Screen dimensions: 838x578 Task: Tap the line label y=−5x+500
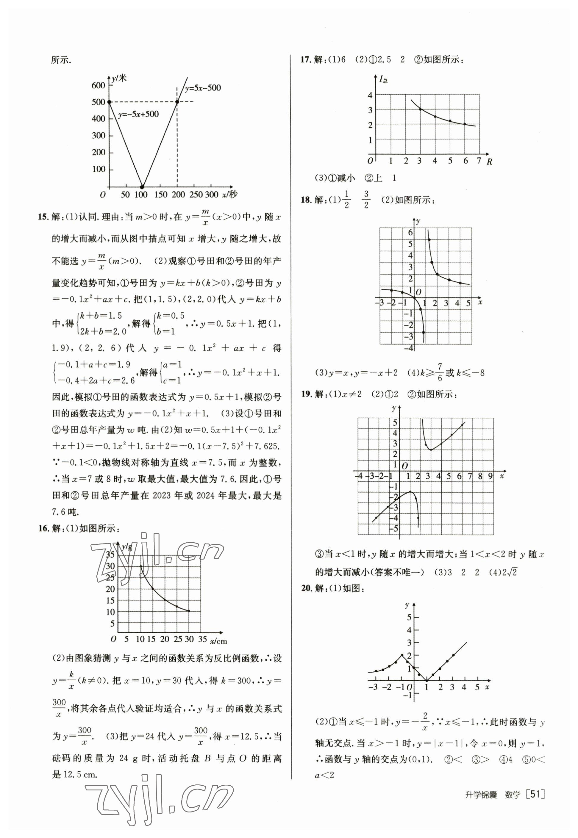(x=138, y=115)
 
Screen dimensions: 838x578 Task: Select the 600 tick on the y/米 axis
(x=98, y=85)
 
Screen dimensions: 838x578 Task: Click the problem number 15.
(x=43, y=217)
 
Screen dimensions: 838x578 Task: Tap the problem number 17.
(x=306, y=60)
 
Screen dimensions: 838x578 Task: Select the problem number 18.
(x=306, y=200)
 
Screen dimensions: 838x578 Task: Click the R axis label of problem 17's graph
(x=489, y=162)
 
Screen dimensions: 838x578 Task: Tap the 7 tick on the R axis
(x=479, y=160)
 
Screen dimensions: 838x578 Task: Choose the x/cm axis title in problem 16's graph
(x=218, y=641)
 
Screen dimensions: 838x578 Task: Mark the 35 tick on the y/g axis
(x=110, y=554)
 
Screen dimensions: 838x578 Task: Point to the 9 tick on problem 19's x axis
(x=490, y=476)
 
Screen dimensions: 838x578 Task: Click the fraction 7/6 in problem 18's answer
(x=439, y=372)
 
